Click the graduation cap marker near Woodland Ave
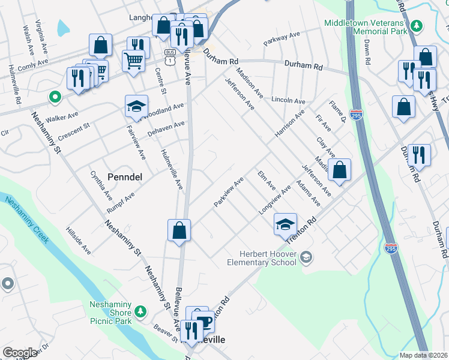click(136, 107)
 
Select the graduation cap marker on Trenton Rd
click(285, 224)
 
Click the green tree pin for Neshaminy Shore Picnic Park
click(140, 311)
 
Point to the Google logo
click(20, 353)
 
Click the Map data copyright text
click(424, 355)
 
